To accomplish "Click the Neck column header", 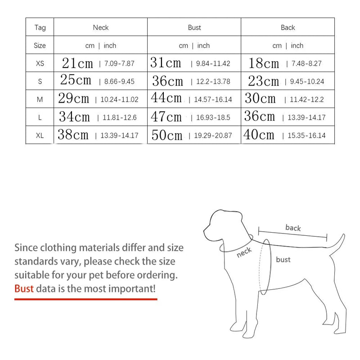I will (x=101, y=27).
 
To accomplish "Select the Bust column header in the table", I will (x=194, y=27).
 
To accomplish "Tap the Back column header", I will (x=288, y=27).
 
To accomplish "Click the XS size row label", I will (x=40, y=63).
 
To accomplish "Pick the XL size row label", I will (x=40, y=135).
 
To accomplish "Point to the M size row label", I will (x=40, y=99).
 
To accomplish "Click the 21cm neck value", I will (x=77, y=63).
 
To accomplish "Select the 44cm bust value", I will (x=166, y=99).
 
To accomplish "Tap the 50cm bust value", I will (x=167, y=135).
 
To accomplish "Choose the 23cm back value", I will (x=264, y=81).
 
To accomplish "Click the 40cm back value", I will (x=259, y=135).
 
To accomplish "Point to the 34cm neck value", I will (x=75, y=117).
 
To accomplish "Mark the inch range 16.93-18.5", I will (x=213, y=117).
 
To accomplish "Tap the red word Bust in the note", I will (x=24, y=288).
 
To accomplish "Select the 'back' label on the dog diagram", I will (x=293, y=228).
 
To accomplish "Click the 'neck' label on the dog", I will (x=244, y=253).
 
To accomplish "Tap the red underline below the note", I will (x=85, y=299).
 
